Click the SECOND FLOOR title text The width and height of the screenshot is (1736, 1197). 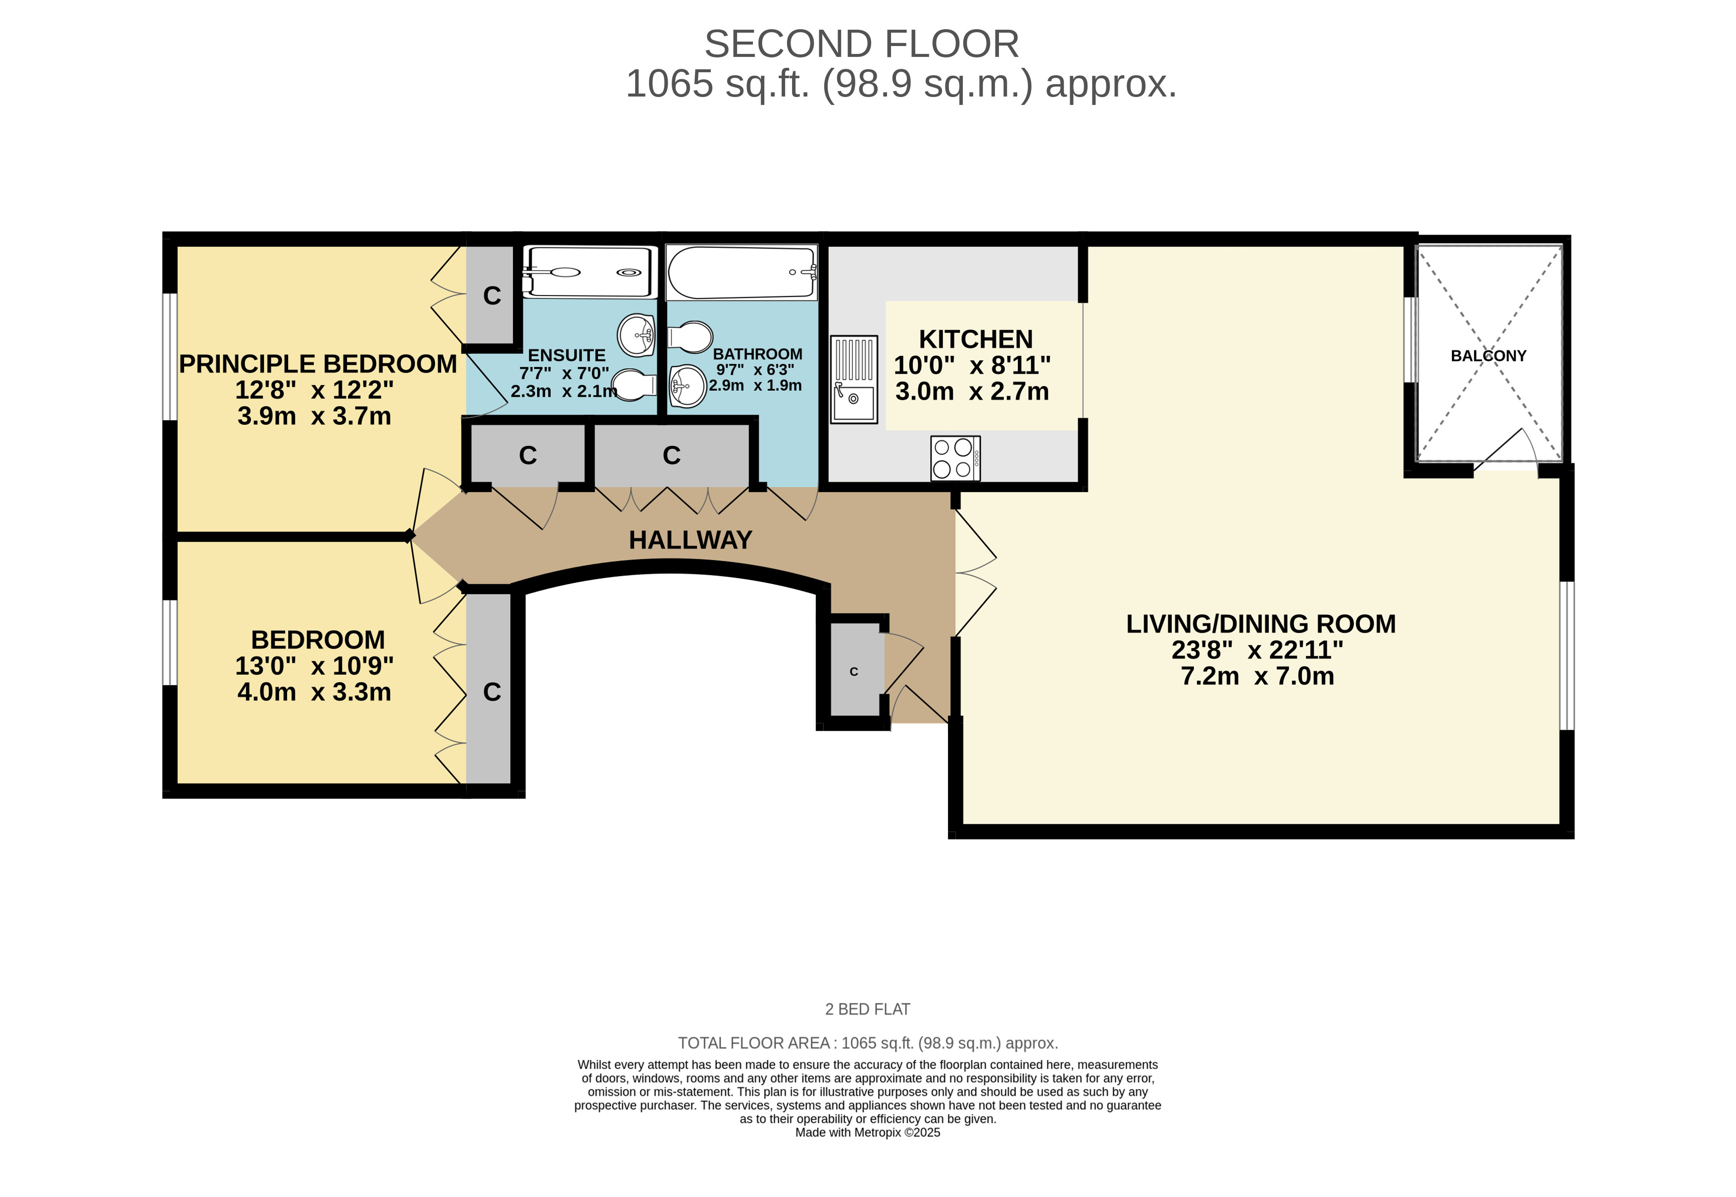tap(862, 44)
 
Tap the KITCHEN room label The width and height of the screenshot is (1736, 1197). tap(976, 339)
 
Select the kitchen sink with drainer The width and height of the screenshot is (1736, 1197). tap(854, 380)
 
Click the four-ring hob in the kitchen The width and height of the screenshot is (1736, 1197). tap(955, 458)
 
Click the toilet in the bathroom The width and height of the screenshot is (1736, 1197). tap(689, 338)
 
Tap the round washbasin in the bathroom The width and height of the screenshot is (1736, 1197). tap(687, 386)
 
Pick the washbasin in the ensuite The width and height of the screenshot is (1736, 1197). tap(637, 335)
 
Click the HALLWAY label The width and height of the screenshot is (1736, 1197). tap(690, 540)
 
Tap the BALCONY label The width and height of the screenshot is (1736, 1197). tap(1488, 356)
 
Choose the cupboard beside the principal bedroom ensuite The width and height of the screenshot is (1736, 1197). tap(491, 295)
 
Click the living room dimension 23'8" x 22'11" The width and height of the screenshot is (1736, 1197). tap(1257, 649)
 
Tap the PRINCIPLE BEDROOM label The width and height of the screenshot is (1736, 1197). tap(318, 364)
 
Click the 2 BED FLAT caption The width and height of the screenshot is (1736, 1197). tap(868, 1009)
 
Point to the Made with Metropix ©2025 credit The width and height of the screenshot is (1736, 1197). tap(868, 1133)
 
